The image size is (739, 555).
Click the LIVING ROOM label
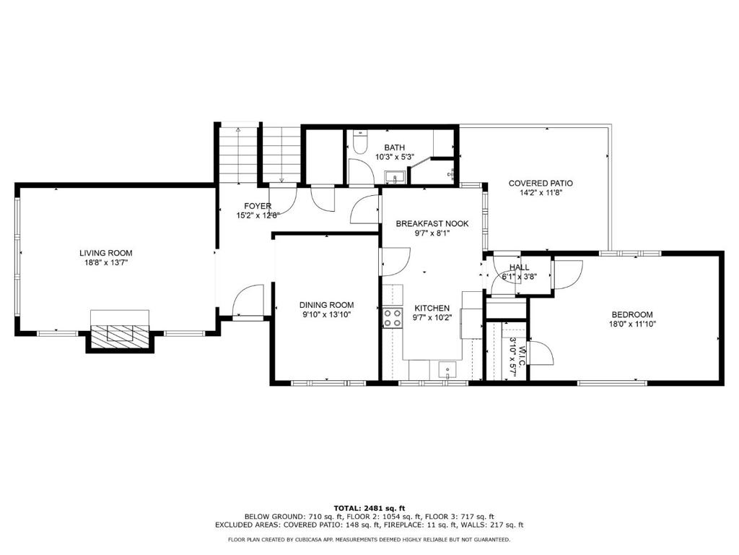pyautogui.click(x=105, y=253)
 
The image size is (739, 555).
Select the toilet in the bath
pyautogui.click(x=359, y=142)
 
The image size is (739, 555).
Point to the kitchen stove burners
pyautogui.click(x=392, y=318)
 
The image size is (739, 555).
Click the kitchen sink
pyautogui.click(x=446, y=369)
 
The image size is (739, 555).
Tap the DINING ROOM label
pyautogui.click(x=327, y=306)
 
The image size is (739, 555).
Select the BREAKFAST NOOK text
pyautogui.click(x=432, y=224)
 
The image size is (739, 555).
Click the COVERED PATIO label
pyautogui.click(x=541, y=183)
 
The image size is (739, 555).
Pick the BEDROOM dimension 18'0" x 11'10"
pyautogui.click(x=632, y=324)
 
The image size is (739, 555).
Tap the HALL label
pyautogui.click(x=519, y=267)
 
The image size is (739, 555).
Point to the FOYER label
pyautogui.click(x=258, y=206)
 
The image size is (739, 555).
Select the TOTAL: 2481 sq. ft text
pyautogui.click(x=369, y=508)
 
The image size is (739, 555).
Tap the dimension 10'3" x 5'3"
pyautogui.click(x=394, y=157)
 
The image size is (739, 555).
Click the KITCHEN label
pyautogui.click(x=432, y=308)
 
